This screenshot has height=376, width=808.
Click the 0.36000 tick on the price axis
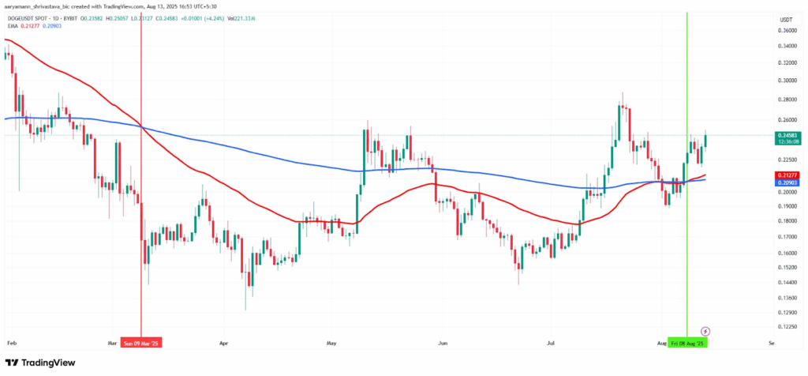(x=786, y=30)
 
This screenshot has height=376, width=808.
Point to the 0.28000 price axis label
(x=786, y=100)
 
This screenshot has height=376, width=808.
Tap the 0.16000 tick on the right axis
(x=786, y=253)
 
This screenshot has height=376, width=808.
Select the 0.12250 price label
(x=786, y=326)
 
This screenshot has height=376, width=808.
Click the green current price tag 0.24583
(x=786, y=136)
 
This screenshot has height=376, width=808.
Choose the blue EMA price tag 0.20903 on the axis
(x=786, y=182)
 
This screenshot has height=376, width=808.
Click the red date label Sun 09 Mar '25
(x=141, y=344)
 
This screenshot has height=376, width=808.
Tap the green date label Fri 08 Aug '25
(x=687, y=344)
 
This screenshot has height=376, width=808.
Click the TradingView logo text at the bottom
(x=48, y=363)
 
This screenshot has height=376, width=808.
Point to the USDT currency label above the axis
(x=786, y=19)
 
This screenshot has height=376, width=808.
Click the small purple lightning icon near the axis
(x=705, y=331)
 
